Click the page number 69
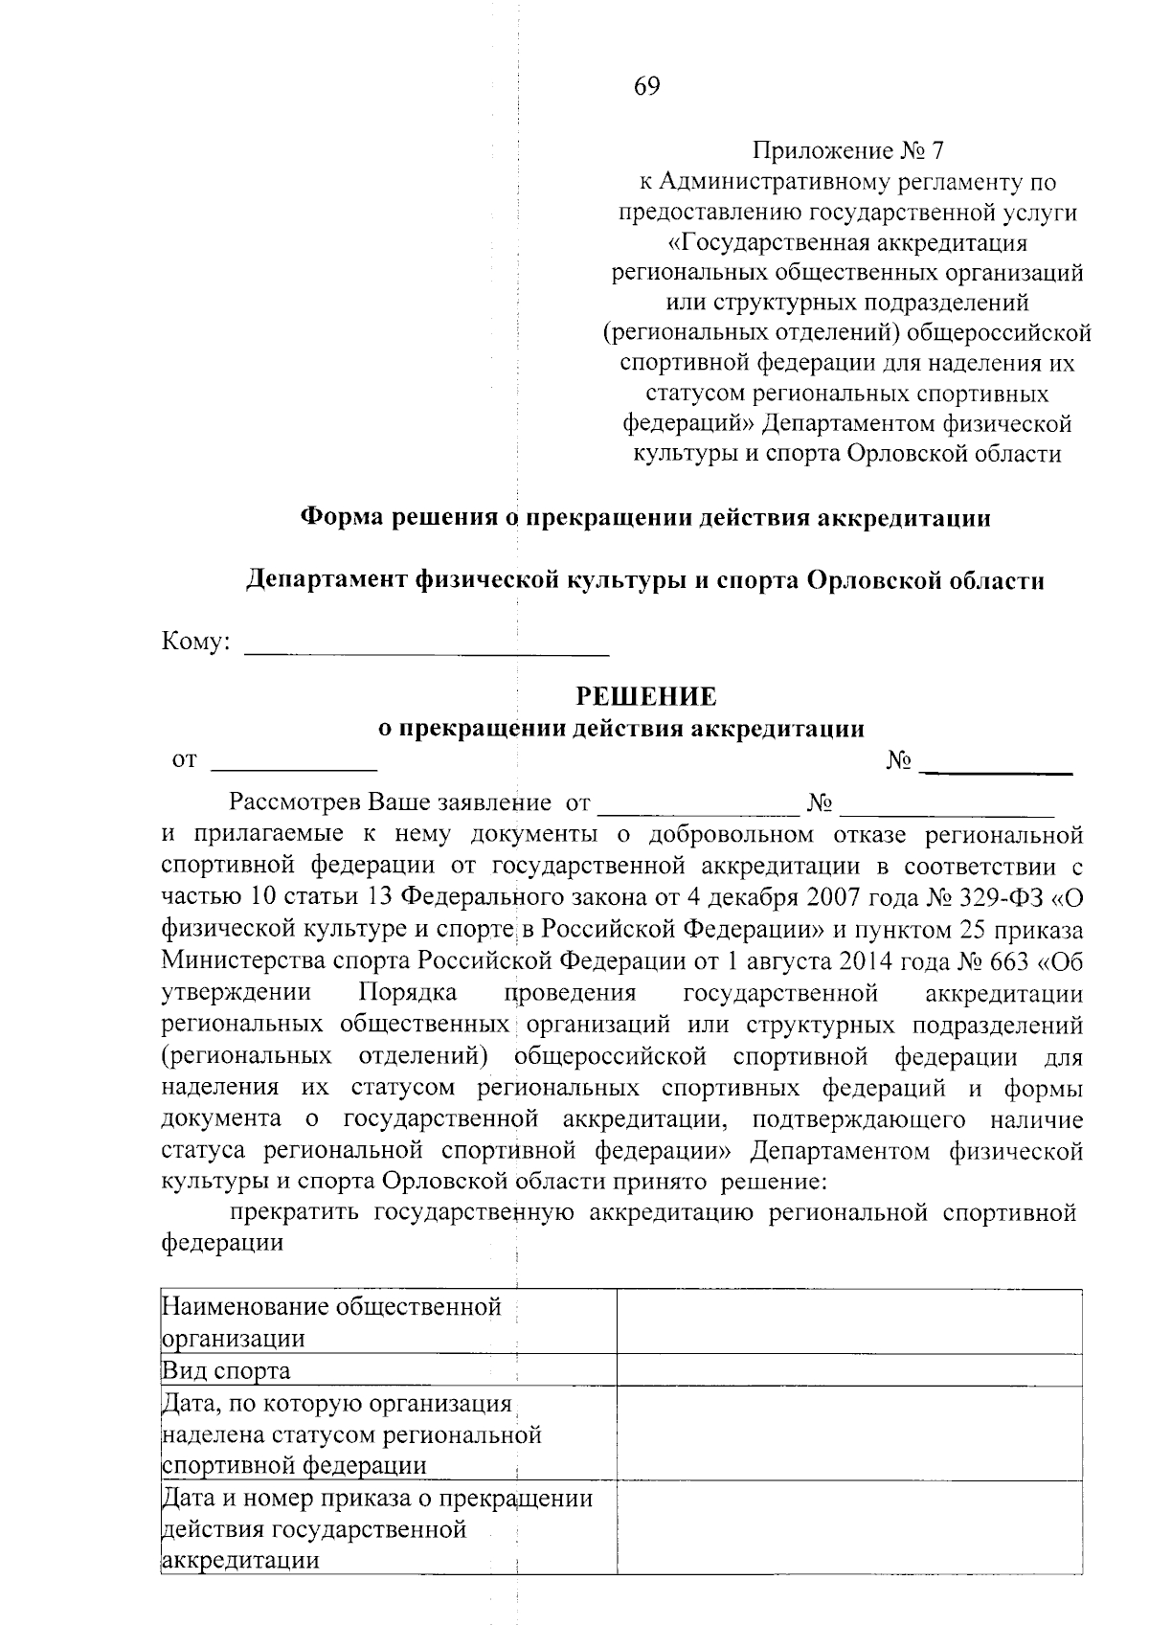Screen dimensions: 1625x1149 646,87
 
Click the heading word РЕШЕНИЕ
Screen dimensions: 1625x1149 645,696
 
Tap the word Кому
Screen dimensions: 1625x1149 195,643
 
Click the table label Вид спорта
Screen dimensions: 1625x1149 227,1370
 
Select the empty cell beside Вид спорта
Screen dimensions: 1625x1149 849,1370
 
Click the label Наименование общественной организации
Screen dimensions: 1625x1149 331,1322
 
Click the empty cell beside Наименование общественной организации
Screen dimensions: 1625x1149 849,1322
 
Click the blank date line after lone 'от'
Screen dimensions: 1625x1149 294,765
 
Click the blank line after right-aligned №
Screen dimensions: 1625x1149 1002,766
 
